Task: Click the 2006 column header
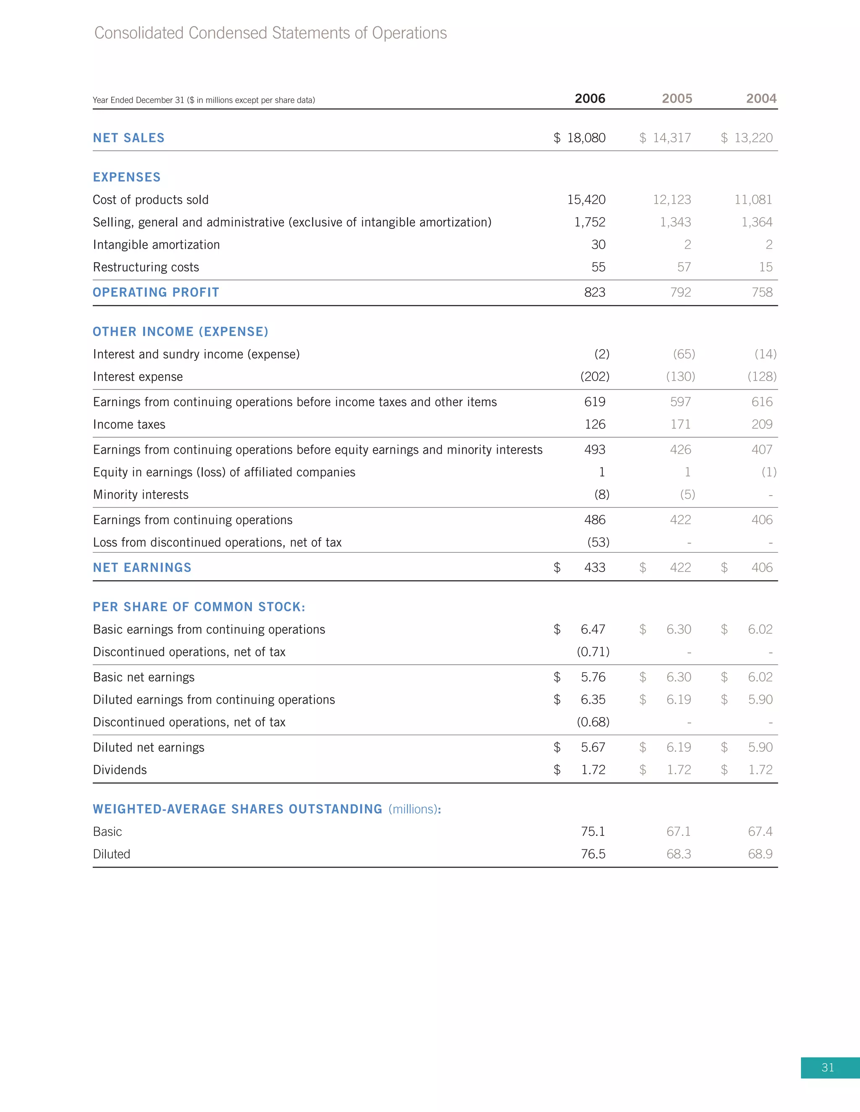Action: point(590,98)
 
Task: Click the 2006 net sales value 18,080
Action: point(586,138)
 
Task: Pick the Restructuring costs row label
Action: point(146,267)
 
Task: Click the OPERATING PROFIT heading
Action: point(156,292)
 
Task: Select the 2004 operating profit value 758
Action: point(762,292)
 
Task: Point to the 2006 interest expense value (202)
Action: point(595,377)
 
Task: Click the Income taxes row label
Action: point(129,425)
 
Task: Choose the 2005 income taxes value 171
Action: point(680,425)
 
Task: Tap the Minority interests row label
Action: point(141,495)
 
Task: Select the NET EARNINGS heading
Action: point(142,568)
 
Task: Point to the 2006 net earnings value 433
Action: point(595,568)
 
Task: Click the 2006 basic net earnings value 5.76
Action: point(593,677)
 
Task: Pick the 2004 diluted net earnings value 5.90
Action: point(760,747)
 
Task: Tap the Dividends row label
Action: point(120,770)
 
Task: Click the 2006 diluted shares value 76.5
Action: point(593,854)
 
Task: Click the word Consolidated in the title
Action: point(139,33)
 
